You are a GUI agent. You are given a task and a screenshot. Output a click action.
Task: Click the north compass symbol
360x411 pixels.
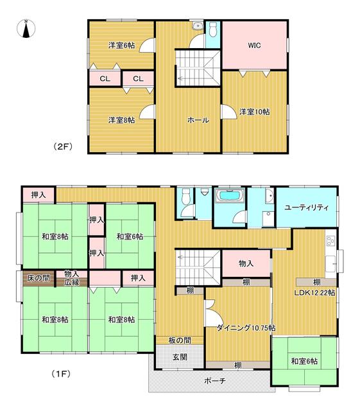tap(26, 28)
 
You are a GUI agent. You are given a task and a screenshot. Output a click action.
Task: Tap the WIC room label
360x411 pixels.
tap(254, 46)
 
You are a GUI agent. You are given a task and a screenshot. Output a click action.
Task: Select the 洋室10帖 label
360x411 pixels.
tap(254, 112)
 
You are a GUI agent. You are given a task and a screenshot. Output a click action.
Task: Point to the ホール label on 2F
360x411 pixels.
tap(198, 120)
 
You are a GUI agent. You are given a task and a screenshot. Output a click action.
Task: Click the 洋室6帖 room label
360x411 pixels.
tap(121, 46)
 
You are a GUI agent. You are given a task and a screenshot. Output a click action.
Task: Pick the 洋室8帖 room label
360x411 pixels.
tap(121, 120)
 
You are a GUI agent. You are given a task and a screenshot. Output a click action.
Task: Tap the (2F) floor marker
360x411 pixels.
tap(63, 146)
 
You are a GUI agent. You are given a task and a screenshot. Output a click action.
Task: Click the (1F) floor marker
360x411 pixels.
tap(61, 374)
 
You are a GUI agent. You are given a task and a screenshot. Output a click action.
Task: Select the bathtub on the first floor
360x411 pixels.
tap(230, 195)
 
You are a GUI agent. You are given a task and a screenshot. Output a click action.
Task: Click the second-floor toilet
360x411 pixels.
tap(213, 29)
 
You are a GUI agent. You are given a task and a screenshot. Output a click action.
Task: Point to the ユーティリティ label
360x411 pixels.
tap(306, 208)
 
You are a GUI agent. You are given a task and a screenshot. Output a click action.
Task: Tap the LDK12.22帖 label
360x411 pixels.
tap(314, 293)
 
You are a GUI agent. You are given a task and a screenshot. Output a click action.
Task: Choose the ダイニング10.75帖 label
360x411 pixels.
tap(246, 328)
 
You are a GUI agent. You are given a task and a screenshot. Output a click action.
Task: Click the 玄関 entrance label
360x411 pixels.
tap(180, 357)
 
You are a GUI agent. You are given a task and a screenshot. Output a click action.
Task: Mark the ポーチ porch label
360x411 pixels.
tap(214, 381)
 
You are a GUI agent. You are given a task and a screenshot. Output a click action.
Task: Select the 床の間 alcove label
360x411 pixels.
tap(39, 278)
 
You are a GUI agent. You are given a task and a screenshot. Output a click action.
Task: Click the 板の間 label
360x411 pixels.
tap(180, 340)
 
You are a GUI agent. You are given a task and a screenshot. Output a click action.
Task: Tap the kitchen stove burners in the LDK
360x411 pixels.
tap(330, 241)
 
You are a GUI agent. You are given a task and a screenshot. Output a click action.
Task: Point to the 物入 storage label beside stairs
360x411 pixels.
tap(246, 263)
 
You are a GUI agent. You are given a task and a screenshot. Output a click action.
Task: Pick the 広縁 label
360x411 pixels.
tap(72, 283)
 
